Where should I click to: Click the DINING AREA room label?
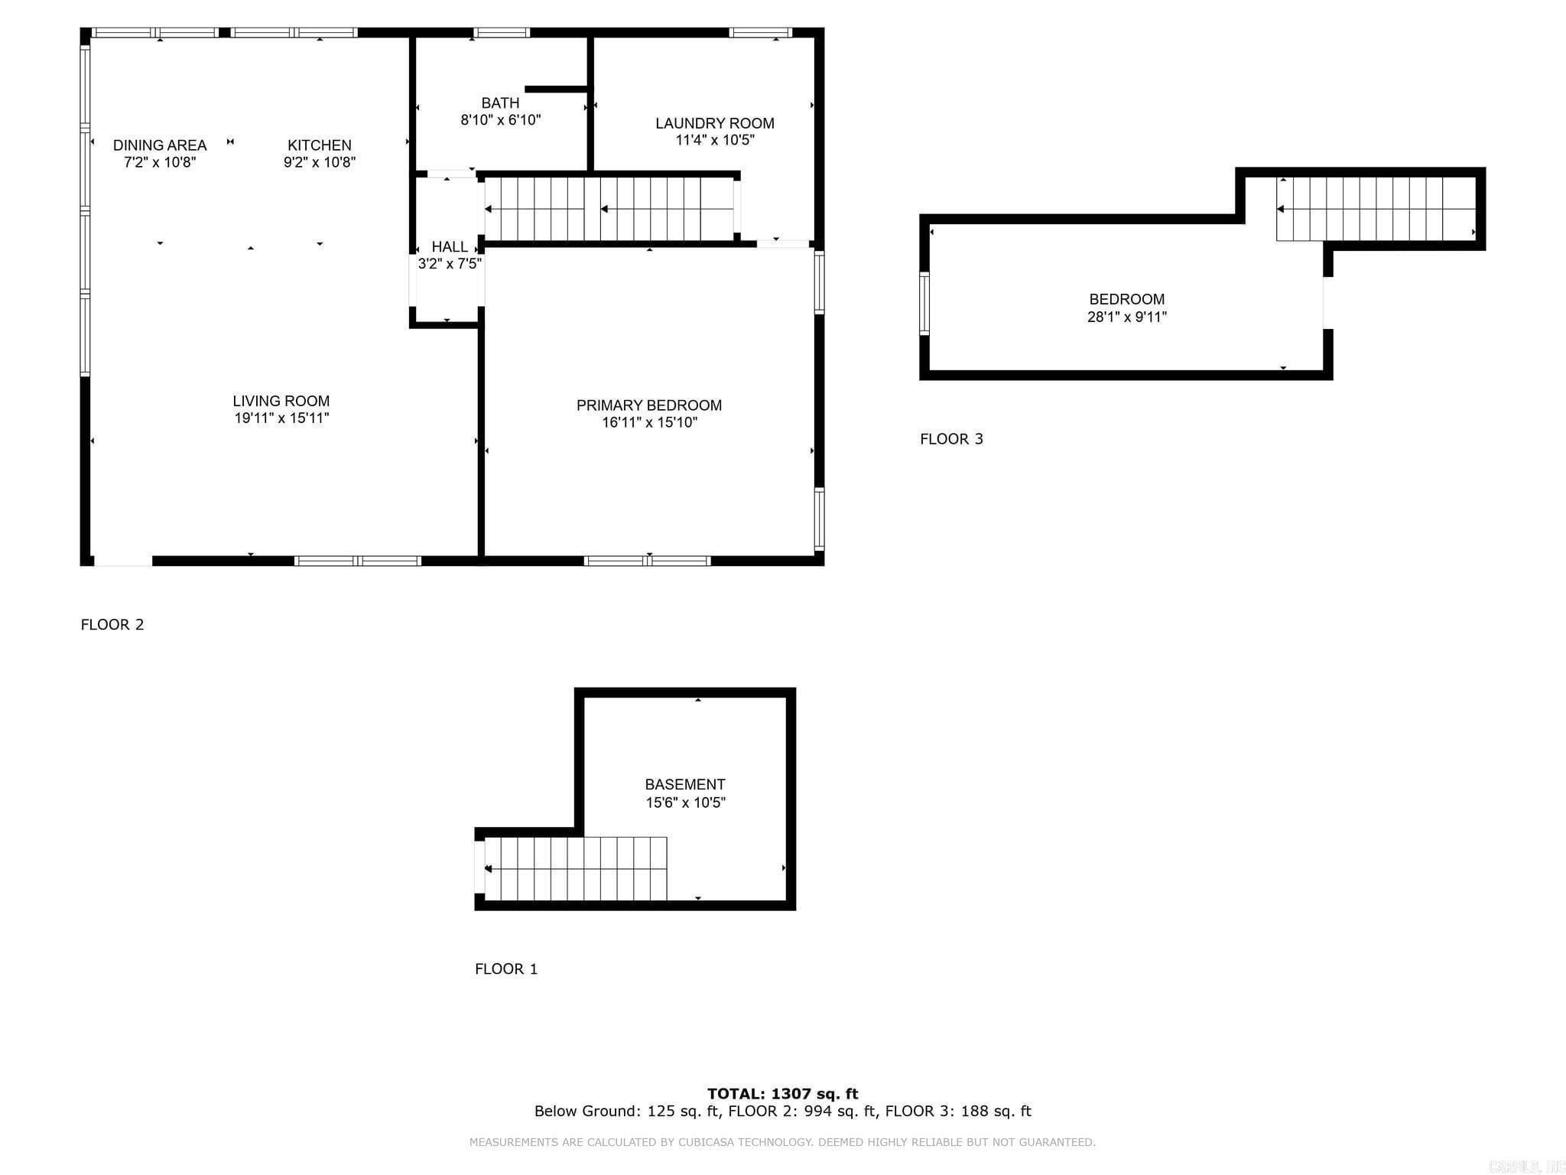tap(160, 145)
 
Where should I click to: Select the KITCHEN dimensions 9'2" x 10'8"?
tap(320, 162)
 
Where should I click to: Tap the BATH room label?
tap(500, 103)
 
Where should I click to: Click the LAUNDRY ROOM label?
tap(714, 123)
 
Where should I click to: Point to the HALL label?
tap(450, 247)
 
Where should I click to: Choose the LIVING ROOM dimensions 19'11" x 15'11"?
tap(281, 418)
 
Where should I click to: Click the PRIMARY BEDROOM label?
tap(648, 405)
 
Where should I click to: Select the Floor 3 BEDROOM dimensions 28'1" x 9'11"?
tap(1126, 317)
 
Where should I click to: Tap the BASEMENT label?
tap(684, 785)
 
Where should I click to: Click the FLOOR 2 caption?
tap(112, 625)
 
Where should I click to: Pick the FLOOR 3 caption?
tap(951, 439)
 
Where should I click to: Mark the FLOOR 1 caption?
tap(506, 969)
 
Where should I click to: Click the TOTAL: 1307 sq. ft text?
tap(782, 1094)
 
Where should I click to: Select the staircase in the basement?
tap(575, 869)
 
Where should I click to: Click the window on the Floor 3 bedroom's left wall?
tap(924, 304)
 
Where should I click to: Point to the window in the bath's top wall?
tap(501, 33)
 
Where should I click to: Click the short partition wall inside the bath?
tap(556, 90)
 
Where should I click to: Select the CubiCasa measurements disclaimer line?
tap(782, 1142)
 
